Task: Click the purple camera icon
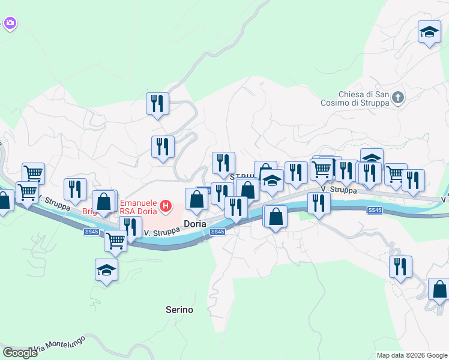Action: (10, 23)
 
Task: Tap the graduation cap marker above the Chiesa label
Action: (429, 32)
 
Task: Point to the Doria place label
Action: (195, 224)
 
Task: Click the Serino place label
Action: (179, 310)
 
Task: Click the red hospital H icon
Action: (165, 208)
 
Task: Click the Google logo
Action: (20, 353)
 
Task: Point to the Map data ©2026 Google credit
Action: (411, 355)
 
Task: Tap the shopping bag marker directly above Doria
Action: (196, 199)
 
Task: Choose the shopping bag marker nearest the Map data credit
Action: (439, 289)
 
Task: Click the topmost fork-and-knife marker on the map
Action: (157, 103)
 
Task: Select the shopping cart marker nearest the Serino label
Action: (115, 241)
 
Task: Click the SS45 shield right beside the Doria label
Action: (218, 232)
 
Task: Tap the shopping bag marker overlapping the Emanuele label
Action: (104, 202)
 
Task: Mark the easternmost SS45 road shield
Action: (375, 210)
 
